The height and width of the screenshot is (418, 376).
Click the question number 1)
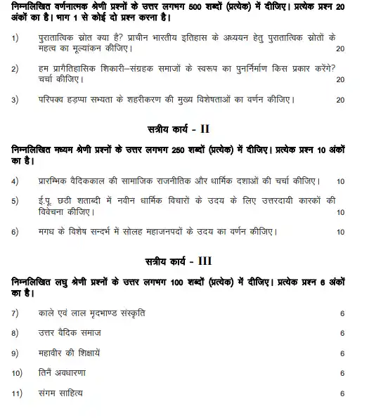click(x=15, y=38)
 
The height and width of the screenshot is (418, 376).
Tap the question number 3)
click(x=15, y=100)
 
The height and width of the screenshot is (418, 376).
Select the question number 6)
click(x=15, y=231)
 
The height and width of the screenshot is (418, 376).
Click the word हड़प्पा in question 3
click(x=89, y=100)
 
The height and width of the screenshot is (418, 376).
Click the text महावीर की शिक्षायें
click(x=70, y=353)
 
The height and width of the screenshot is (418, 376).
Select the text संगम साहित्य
click(x=60, y=393)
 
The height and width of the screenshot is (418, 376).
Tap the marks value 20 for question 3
click(x=340, y=100)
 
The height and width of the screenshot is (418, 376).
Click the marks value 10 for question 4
click(x=340, y=181)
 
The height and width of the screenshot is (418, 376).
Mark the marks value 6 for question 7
click(x=342, y=313)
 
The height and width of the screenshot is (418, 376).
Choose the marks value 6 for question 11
click(x=342, y=393)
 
